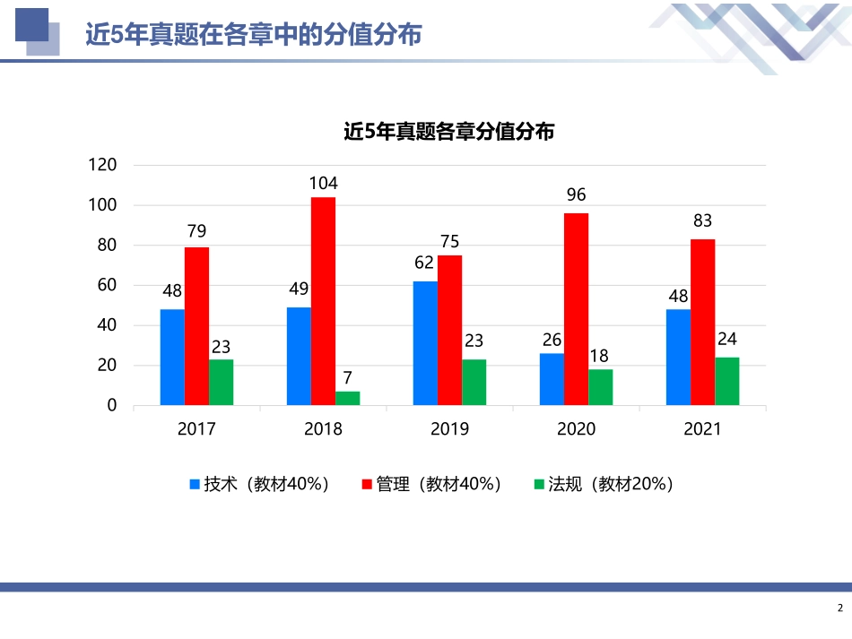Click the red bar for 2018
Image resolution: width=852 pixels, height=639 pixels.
pyautogui.click(x=323, y=301)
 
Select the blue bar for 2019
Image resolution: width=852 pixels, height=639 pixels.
pyautogui.click(x=425, y=343)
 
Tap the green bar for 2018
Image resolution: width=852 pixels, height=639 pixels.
pyautogui.click(x=348, y=398)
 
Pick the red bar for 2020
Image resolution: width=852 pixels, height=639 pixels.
pyautogui.click(x=576, y=309)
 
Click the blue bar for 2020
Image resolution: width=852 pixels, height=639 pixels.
pyautogui.click(x=552, y=379)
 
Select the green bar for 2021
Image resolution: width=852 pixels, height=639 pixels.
pyautogui.click(x=727, y=381)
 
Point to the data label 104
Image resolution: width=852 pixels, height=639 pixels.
pyautogui.click(x=323, y=184)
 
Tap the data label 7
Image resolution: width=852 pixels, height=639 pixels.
pyautogui.click(x=348, y=378)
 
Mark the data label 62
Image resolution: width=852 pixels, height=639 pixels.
pyautogui.click(x=424, y=263)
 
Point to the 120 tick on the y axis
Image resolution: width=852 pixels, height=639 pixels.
pyautogui.click(x=103, y=165)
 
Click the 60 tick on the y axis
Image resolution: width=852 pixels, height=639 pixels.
pyautogui.click(x=107, y=285)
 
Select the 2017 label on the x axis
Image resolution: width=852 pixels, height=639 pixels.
pyautogui.click(x=196, y=429)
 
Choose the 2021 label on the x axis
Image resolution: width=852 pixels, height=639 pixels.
pyautogui.click(x=702, y=429)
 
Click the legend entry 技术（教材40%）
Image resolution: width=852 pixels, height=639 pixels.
pyautogui.click(x=260, y=485)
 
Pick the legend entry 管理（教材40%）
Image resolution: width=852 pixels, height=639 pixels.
pyautogui.click(x=431, y=485)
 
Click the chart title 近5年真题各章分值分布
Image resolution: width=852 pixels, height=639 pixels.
pyautogui.click(x=449, y=131)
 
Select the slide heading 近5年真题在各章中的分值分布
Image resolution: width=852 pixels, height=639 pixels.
pyautogui.click(x=254, y=34)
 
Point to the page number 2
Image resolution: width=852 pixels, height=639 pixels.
pyautogui.click(x=840, y=609)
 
